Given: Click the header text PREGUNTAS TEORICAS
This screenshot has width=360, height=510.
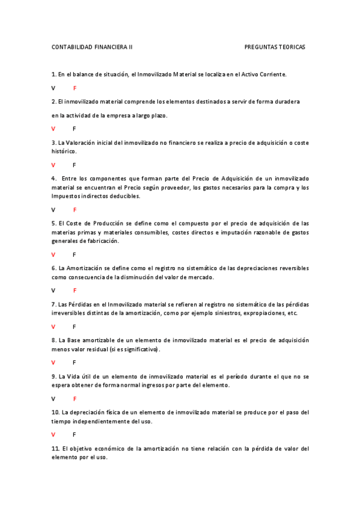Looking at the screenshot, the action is (x=275, y=47).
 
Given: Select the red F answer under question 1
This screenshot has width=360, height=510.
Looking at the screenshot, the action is (x=75, y=88).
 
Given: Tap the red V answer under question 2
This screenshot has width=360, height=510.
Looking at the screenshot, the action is (x=53, y=129).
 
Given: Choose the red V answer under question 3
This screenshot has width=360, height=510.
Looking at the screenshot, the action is (x=53, y=165).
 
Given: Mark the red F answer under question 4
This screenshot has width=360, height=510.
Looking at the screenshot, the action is (x=75, y=210).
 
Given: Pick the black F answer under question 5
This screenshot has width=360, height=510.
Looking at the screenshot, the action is (x=75, y=255).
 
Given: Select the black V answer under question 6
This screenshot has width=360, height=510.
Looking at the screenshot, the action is (x=53, y=290).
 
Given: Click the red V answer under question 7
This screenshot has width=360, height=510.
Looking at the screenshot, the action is (x=53, y=327).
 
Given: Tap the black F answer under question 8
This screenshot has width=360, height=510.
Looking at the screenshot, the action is (x=75, y=363).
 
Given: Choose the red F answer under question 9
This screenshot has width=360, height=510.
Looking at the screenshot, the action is (x=75, y=399).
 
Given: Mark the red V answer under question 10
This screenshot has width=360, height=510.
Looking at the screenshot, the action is (x=53, y=434).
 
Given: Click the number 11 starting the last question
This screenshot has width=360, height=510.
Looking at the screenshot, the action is (x=55, y=449).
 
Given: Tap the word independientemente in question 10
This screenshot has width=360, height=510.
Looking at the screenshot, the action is (x=106, y=421).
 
